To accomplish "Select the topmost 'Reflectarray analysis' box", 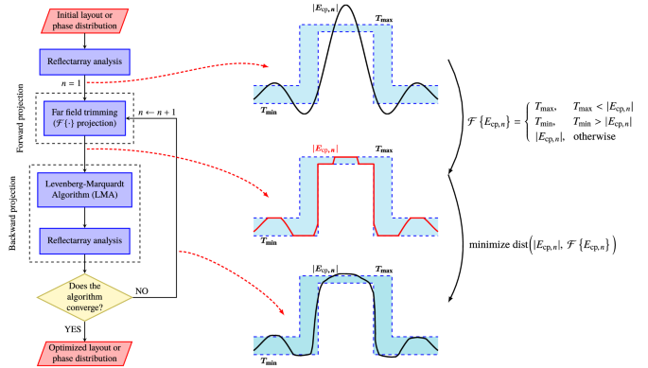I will tap(84, 63).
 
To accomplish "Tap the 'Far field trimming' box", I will tap(84, 118).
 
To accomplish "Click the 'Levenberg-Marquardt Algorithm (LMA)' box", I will tap(84, 187).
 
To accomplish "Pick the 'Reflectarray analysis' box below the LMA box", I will tap(84, 241).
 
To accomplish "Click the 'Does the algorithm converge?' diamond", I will tap(84, 294).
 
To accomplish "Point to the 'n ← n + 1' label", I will tap(157, 113).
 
